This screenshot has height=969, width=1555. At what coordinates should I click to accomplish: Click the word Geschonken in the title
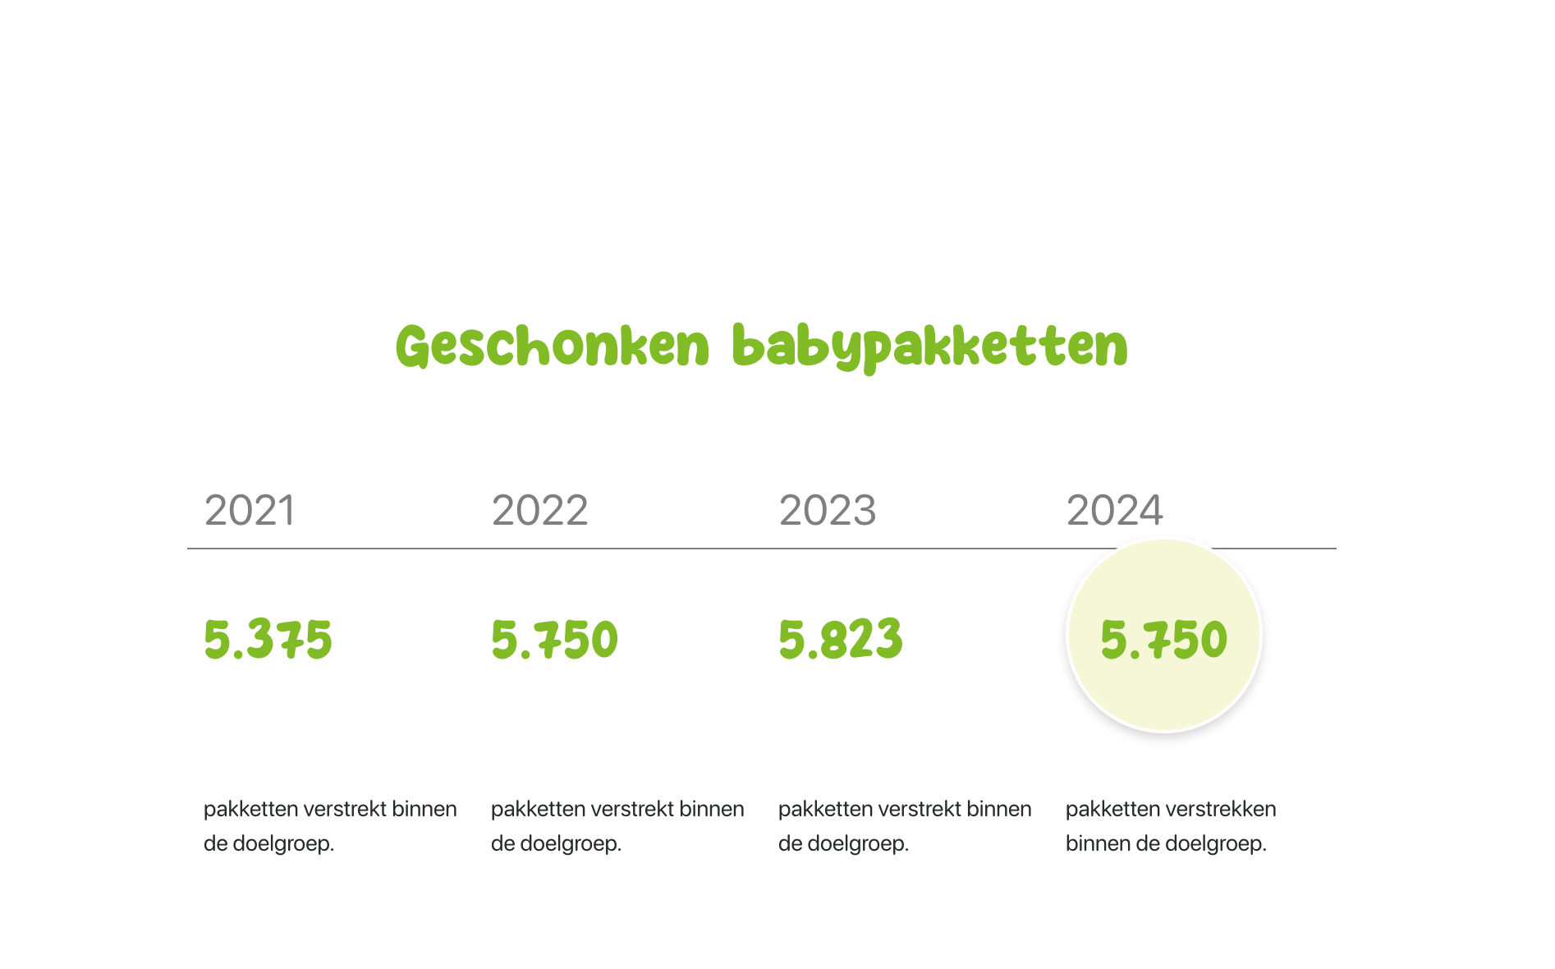click(x=553, y=347)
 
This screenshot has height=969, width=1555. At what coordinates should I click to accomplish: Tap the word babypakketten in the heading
click(x=929, y=347)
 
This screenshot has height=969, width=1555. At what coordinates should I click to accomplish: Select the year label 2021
click(x=250, y=511)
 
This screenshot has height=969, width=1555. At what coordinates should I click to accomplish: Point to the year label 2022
click(x=539, y=511)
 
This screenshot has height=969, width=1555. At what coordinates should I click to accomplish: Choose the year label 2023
click(x=827, y=511)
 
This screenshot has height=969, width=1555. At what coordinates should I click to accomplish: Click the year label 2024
click(x=1114, y=511)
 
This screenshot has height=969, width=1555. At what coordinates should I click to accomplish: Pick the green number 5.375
click(x=268, y=640)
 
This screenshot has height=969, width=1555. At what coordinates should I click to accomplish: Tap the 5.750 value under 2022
click(x=554, y=640)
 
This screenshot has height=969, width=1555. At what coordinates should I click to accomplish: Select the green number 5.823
click(x=840, y=640)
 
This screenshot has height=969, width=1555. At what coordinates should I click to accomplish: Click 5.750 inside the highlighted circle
click(x=1163, y=640)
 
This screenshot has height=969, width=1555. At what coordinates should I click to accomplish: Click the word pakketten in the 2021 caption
click(x=250, y=809)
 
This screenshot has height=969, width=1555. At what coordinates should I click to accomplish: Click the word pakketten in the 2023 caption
click(x=825, y=809)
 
